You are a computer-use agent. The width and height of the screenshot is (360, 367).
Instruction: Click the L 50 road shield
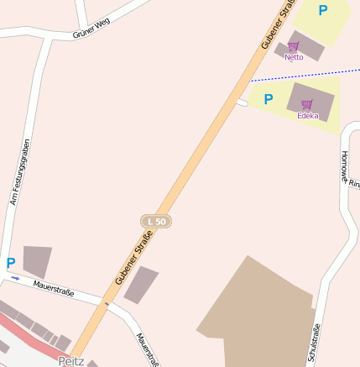pos(155,221)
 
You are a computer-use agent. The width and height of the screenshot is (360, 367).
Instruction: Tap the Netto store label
pos(294,57)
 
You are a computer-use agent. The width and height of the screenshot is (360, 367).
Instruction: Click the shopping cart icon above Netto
pos(293,47)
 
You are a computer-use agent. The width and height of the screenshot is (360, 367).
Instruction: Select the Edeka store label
pos(307,115)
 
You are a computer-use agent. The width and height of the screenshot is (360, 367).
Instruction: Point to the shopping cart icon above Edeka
pos(307,104)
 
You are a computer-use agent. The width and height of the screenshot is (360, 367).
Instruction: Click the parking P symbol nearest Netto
pos(322,11)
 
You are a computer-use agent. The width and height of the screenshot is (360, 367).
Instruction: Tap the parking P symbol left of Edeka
pos(269,99)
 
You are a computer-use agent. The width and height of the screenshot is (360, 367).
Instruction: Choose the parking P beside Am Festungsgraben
pos(11,263)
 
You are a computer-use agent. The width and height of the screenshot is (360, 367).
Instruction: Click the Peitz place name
pos(71,360)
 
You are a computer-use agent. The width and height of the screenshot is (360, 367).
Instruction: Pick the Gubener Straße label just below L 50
pos(133,260)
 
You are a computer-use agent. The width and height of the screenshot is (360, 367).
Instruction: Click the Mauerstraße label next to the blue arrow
pos(54,290)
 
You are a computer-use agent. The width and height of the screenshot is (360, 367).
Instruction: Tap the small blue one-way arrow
pos(15,277)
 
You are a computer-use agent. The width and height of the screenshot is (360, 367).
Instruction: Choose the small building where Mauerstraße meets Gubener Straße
pos(141,284)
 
